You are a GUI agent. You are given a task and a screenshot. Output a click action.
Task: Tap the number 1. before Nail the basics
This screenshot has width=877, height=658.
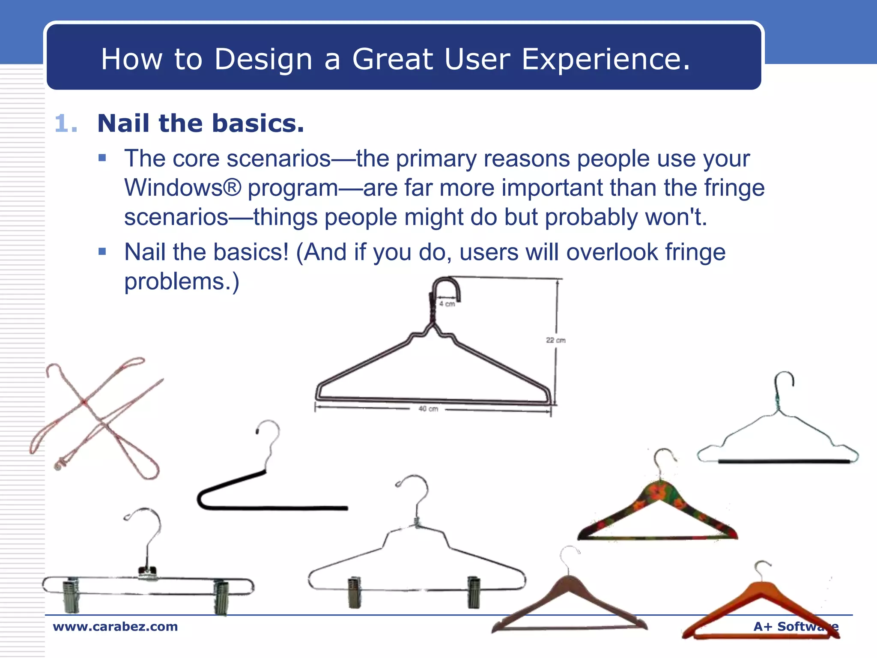[66, 124]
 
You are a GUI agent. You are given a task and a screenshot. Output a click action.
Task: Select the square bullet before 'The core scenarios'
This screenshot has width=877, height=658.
[102, 158]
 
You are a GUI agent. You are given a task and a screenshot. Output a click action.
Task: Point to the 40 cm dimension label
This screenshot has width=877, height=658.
[428, 409]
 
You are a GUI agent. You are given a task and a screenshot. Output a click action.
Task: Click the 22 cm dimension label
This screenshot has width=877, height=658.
[555, 340]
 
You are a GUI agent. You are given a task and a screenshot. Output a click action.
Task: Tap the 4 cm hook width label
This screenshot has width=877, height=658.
[447, 304]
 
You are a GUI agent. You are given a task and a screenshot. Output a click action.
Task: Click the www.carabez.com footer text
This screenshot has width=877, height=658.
[115, 626]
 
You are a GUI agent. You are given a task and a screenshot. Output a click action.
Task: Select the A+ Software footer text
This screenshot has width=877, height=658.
[796, 626]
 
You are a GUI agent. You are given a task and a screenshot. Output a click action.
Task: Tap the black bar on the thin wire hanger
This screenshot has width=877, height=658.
[784, 461]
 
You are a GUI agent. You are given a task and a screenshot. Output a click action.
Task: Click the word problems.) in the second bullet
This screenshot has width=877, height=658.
[182, 282]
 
